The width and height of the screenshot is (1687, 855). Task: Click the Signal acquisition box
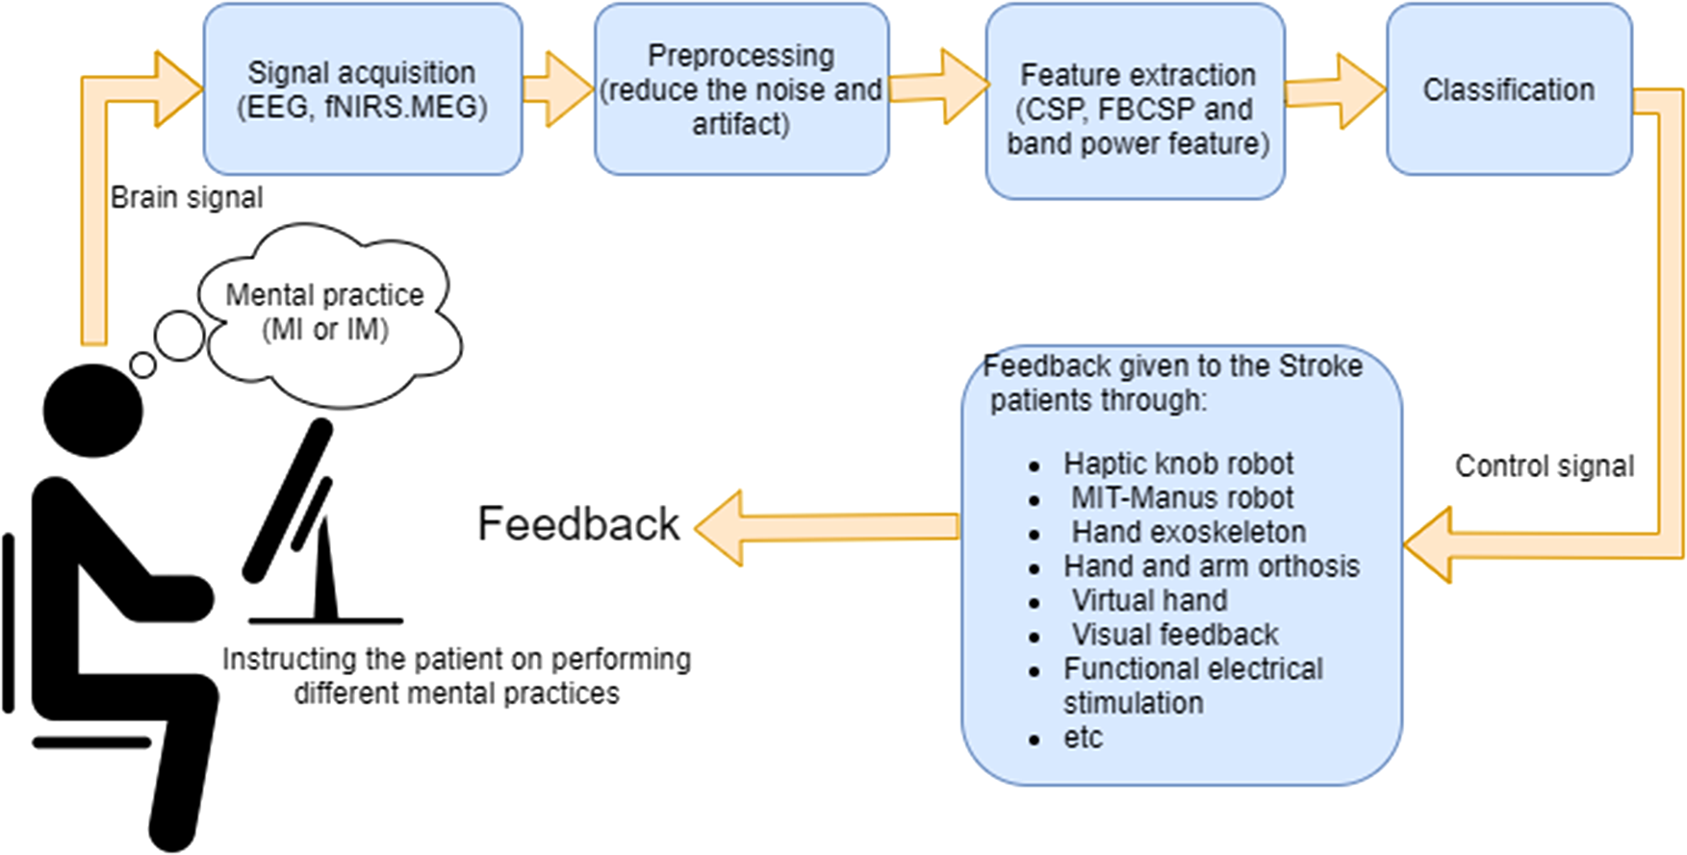pos(363,88)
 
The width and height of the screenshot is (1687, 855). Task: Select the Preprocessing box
pos(741,88)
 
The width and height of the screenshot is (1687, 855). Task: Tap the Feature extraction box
pos(1136,101)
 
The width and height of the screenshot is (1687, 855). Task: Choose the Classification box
pos(1509,88)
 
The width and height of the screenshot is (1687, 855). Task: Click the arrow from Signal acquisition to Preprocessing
pos(558,89)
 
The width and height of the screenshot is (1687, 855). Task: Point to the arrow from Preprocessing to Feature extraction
pos(939,88)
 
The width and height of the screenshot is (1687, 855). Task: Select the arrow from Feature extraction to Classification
pos(1336,91)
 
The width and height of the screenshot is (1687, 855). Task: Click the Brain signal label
pos(187,197)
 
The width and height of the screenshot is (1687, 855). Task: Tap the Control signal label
pos(1545,466)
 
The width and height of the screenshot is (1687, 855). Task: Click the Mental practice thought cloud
pos(327,313)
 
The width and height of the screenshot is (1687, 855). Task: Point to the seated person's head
pos(93,412)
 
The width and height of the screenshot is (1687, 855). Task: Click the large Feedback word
pos(578,524)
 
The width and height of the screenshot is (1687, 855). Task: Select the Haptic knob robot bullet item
pos(1178,464)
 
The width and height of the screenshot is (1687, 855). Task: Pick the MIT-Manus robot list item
pos(1183,498)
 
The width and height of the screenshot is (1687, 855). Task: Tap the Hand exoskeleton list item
pos(1189,532)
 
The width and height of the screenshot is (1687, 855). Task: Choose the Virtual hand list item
pos(1150,600)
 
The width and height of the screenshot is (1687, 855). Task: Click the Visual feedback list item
pos(1175,635)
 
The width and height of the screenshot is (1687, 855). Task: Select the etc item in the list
pos(1083,738)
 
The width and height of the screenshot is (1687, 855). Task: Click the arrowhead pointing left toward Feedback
pos(719,527)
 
